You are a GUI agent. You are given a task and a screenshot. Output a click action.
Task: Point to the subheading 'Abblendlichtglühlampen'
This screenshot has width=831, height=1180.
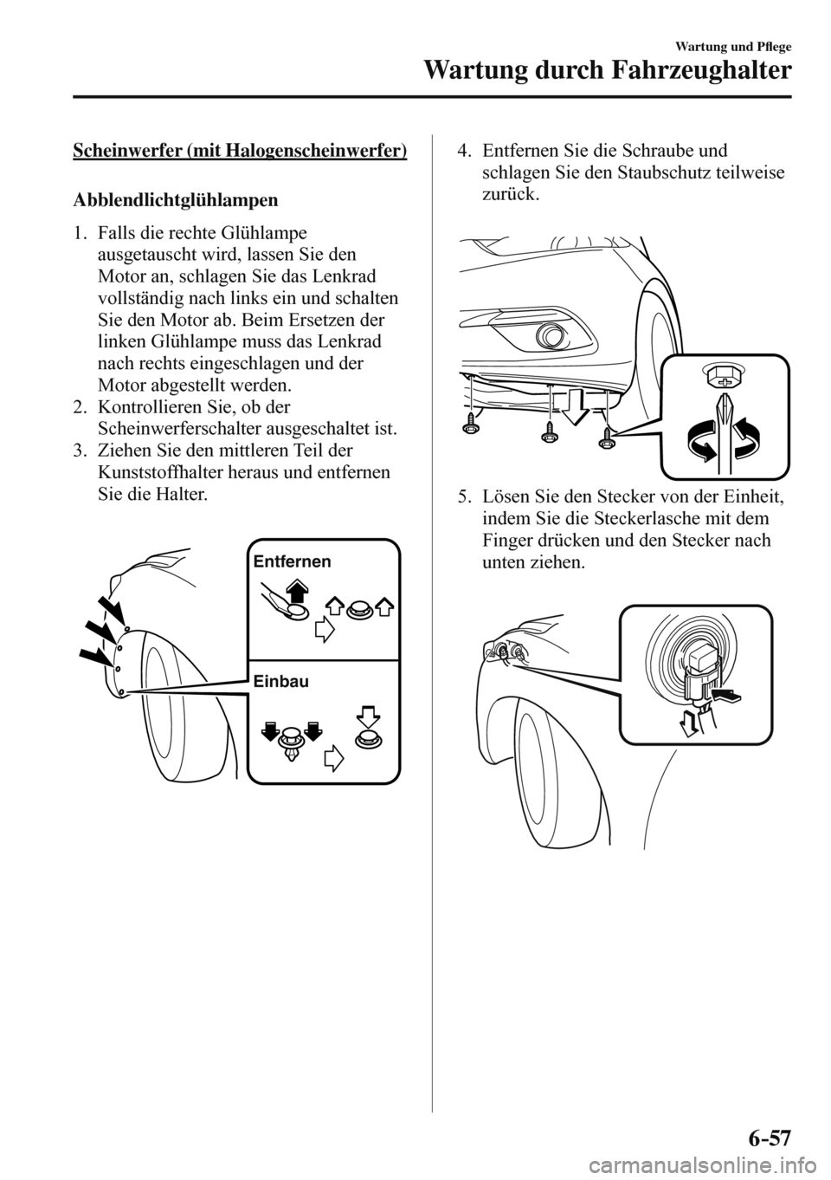pos(176,200)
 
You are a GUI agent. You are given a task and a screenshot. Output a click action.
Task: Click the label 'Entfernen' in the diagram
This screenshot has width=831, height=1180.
pos(292,561)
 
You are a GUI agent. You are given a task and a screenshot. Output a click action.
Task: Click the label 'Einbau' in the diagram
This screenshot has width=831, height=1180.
pos(281,682)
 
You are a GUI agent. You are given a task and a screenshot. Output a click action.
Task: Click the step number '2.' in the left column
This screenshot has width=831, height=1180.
pos(81,406)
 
